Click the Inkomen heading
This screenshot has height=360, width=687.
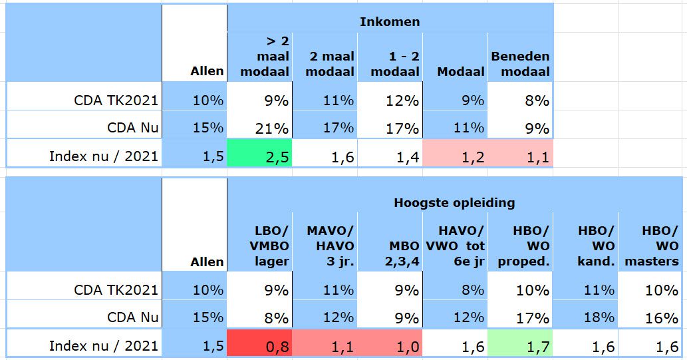tap(390, 22)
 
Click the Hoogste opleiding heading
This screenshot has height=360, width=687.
tap(454, 202)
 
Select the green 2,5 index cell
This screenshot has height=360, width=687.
tap(259, 156)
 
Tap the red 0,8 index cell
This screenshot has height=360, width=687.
tap(259, 345)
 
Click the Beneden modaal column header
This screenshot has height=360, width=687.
tap(520, 64)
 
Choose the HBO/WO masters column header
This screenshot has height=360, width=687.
tap(651, 246)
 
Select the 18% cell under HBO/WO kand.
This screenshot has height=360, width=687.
tap(585, 317)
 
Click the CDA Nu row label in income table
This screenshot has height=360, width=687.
tap(133, 127)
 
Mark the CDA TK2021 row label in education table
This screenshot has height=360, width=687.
tap(116, 289)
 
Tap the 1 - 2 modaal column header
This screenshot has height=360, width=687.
tap(395, 64)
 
